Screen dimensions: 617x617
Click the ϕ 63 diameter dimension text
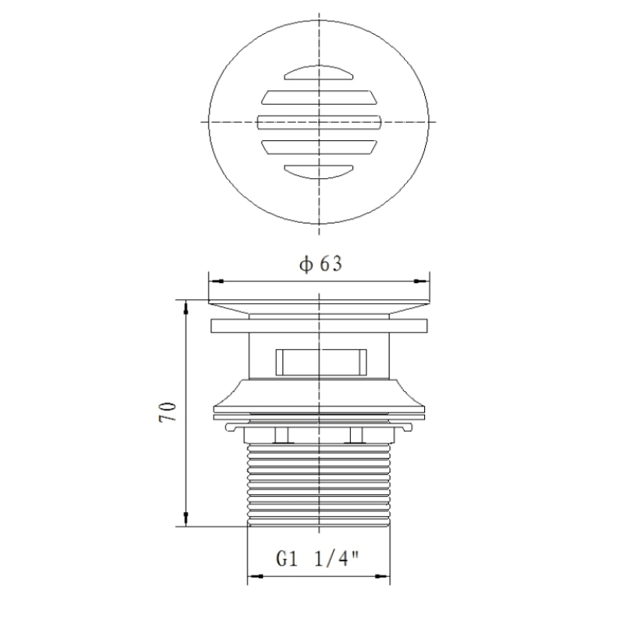tap(321, 264)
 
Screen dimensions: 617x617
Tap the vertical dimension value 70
tap(167, 412)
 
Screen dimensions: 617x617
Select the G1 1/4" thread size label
tap(318, 558)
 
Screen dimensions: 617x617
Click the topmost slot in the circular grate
tap(319, 72)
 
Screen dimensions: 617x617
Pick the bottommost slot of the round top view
tap(319, 172)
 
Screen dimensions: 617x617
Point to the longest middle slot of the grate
tap(319, 123)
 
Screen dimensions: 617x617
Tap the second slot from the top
tap(319, 98)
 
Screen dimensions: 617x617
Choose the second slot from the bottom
tap(319, 147)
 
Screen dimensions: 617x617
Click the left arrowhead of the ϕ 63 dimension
tap(217, 281)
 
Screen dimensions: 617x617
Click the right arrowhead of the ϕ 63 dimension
tap(421, 281)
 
